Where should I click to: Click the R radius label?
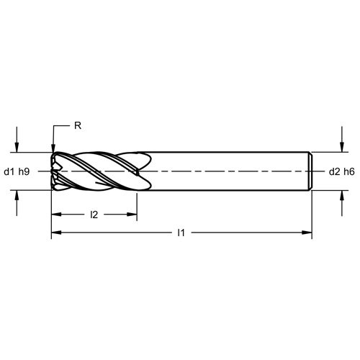[78, 125]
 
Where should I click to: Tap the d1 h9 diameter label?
[17, 171]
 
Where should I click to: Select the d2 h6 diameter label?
[341, 171]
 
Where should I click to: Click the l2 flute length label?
[94, 215]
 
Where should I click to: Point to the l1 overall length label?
[181, 233]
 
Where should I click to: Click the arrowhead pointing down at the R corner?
[53, 148]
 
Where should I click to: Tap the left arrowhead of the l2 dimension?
[56, 215]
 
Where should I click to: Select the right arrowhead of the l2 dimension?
[132, 215]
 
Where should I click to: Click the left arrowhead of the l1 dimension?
[56, 233]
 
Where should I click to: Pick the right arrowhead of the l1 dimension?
[307, 233]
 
